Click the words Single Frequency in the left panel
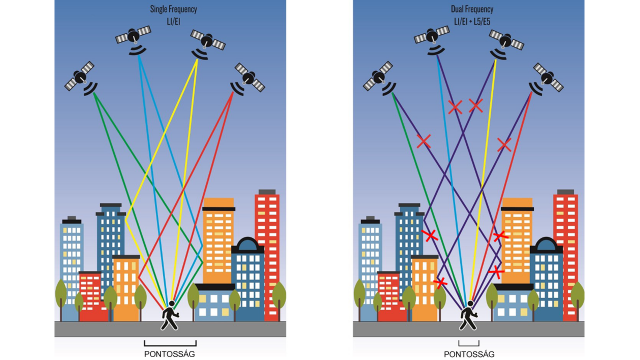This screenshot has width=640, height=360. (x=173, y=9)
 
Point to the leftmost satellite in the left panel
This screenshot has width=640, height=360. (x=82, y=76)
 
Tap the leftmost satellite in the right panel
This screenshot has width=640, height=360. (x=379, y=76)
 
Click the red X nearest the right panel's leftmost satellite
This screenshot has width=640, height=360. (x=424, y=142)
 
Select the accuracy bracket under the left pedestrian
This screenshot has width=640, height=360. (x=171, y=341)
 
